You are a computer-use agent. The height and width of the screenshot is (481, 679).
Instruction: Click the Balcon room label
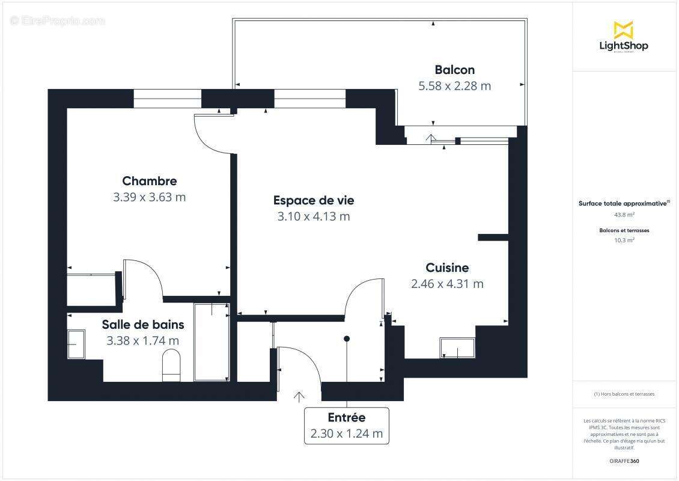pyautogui.click(x=454, y=70)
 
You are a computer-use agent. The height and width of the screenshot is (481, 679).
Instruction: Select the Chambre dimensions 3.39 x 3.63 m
pyautogui.click(x=149, y=197)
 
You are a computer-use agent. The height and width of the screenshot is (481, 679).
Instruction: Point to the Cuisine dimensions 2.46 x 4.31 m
pyautogui.click(x=447, y=284)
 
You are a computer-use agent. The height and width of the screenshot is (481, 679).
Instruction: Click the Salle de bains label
pyautogui.click(x=143, y=325)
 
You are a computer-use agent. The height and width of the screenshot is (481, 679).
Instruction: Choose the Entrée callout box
pyautogui.click(x=346, y=426)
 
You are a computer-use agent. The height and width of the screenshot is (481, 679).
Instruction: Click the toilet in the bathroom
pyautogui.click(x=171, y=366)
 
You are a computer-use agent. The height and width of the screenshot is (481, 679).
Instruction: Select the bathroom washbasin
pyautogui.click(x=76, y=344)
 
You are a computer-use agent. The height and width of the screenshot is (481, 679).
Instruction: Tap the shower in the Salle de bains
pyautogui.click(x=211, y=342)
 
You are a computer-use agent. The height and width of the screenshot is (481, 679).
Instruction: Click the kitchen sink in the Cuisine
pyautogui.click(x=457, y=348)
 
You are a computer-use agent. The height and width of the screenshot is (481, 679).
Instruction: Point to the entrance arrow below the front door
pyautogui.click(x=299, y=396)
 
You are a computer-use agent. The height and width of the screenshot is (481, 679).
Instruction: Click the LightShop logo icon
pyautogui.click(x=623, y=29)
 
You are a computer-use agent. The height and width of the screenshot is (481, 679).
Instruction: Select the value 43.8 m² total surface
pyautogui.click(x=624, y=214)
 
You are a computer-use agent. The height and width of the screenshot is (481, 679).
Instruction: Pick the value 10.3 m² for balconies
pyautogui.click(x=624, y=240)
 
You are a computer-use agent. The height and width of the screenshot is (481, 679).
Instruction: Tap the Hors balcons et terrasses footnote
pyautogui.click(x=624, y=394)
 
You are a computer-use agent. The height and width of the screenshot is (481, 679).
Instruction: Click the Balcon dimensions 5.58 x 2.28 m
pyautogui.click(x=454, y=86)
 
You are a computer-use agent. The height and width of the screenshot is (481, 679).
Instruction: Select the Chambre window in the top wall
pyautogui.click(x=167, y=99)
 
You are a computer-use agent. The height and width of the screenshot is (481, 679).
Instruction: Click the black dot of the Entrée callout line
pyautogui.click(x=347, y=339)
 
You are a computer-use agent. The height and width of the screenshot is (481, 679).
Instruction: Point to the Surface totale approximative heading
pyautogui.click(x=623, y=204)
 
